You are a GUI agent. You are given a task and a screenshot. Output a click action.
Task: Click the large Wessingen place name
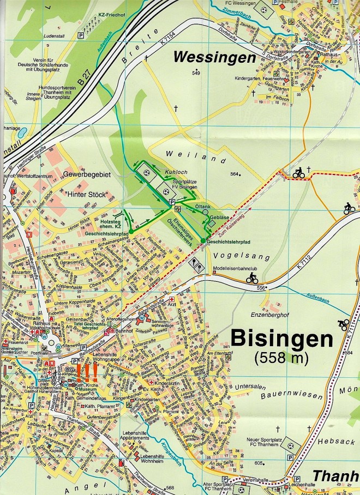214,57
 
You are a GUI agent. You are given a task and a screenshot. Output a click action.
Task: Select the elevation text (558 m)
281,358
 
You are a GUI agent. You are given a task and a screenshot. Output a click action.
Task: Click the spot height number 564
235,174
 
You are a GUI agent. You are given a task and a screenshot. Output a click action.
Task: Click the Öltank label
203,207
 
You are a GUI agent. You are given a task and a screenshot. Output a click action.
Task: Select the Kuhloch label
174,172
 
